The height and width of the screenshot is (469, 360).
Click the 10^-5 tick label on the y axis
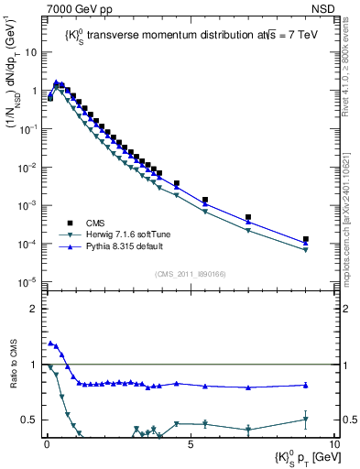(x=30, y=281)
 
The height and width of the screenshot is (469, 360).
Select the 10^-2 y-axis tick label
(x=30, y=167)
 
